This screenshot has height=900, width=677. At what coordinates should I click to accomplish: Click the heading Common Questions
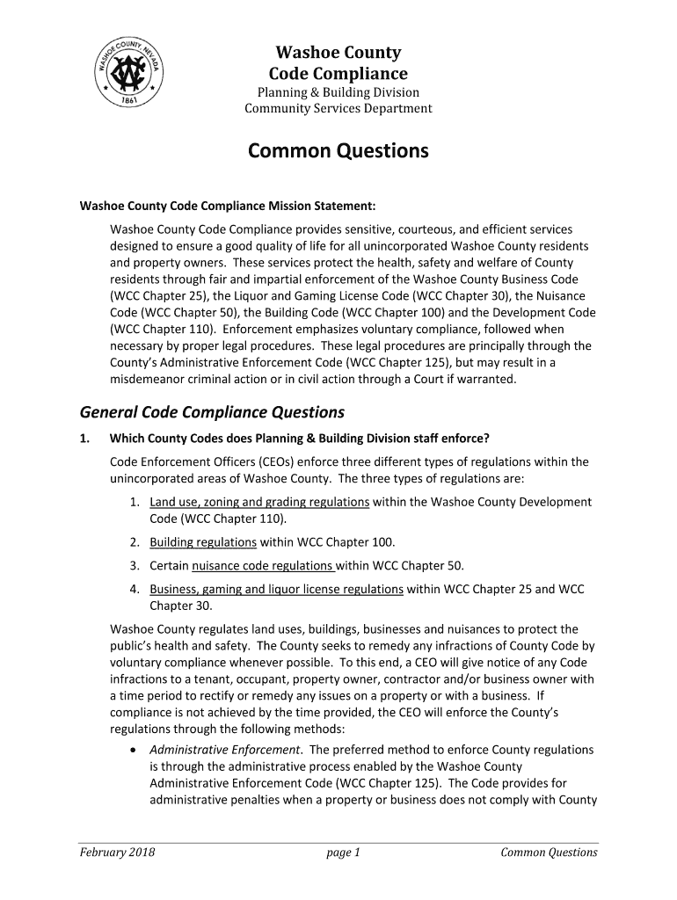pos(338,151)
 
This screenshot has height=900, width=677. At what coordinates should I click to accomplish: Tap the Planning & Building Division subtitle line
pos(338,92)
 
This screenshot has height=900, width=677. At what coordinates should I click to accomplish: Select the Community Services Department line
pos(338,109)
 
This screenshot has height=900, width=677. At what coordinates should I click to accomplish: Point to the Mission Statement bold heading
pos(228,207)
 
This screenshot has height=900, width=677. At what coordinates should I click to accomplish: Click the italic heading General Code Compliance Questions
pos(212,412)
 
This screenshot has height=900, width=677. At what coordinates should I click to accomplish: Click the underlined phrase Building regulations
pos(203,542)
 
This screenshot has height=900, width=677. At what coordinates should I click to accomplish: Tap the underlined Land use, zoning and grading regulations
pos(259,502)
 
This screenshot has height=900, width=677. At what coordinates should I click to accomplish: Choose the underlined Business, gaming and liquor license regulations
pos(276,589)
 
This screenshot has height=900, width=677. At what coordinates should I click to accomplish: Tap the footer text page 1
pos(343,852)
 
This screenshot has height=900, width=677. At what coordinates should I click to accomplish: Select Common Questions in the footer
pos(549,852)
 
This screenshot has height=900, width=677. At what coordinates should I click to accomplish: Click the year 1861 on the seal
pos(133,101)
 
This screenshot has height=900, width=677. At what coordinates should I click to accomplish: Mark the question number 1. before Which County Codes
pos(85,439)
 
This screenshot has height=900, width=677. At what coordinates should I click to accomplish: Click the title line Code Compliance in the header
pos(338,74)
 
